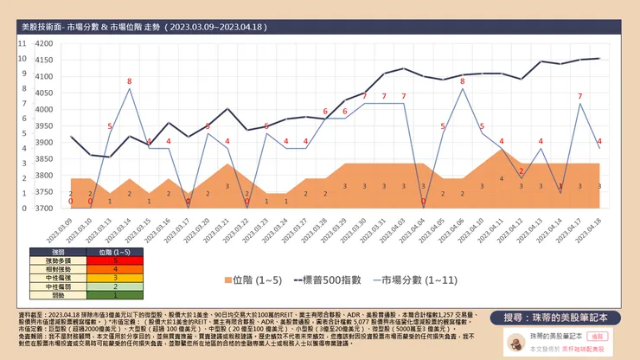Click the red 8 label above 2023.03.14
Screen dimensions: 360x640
tap(130, 82)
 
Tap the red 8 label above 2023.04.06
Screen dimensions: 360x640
tap(463, 81)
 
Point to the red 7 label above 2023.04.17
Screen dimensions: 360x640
tap(579, 97)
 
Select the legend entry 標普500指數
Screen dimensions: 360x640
tap(323, 280)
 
